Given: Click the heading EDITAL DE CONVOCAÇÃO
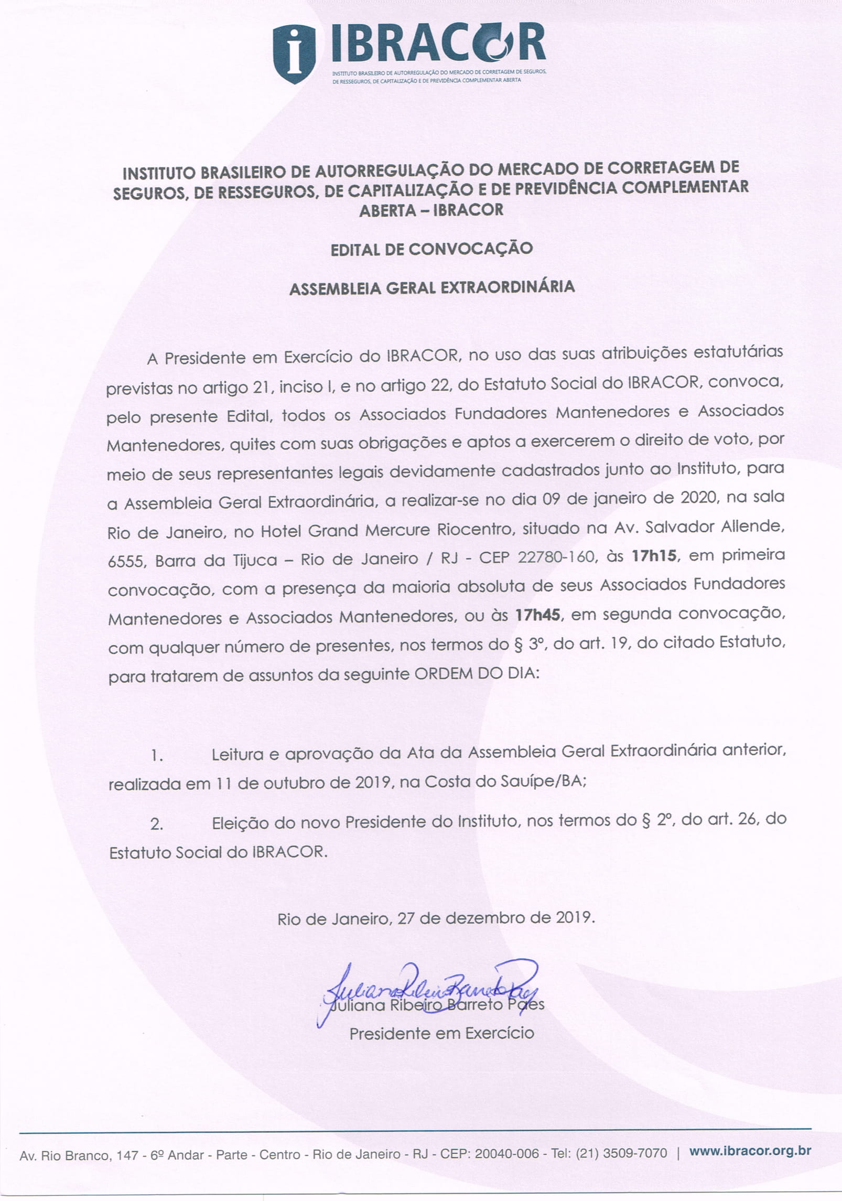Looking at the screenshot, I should (431, 248).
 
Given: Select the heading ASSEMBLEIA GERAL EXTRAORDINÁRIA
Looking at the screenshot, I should (431, 287).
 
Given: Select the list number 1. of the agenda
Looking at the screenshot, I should (157, 756).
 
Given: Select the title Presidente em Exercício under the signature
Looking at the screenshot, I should (441, 1033).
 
